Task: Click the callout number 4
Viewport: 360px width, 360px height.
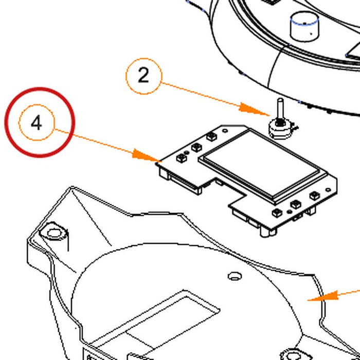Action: pos(37,123)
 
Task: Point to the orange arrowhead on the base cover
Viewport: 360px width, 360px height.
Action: pos(323,296)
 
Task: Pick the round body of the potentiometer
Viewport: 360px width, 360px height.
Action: pos(281,131)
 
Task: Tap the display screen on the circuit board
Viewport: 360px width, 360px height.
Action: pos(262,164)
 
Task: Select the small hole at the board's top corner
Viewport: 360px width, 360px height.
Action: pos(225,131)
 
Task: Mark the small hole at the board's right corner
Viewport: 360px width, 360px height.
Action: pos(329,190)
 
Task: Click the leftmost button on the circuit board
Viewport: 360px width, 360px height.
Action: pos(181,158)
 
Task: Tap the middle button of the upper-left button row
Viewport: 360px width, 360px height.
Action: pos(196,147)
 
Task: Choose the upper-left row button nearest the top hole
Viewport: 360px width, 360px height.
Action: pos(211,137)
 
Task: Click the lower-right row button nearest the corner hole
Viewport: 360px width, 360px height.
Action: pos(314,195)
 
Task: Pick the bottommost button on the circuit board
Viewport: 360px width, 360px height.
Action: pos(277,213)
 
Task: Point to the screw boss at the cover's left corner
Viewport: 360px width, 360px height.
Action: pos(53,232)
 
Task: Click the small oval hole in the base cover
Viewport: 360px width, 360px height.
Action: pos(234,276)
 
